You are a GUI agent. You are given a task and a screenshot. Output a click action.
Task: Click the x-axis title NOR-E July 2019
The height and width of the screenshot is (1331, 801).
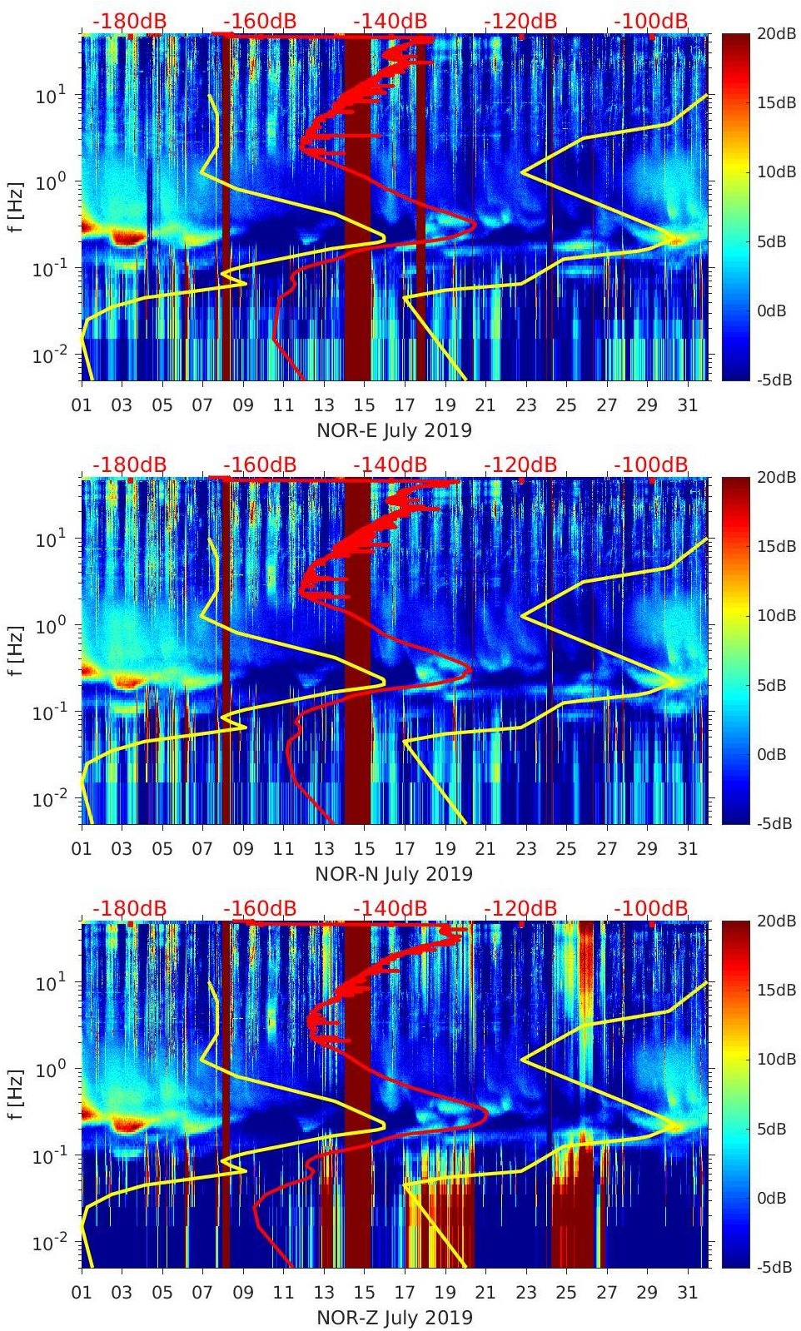click(394, 430)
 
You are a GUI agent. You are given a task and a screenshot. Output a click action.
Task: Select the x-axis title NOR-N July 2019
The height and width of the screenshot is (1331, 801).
click(394, 874)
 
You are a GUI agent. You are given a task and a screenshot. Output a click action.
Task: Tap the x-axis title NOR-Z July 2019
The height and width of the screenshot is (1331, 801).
click(394, 1318)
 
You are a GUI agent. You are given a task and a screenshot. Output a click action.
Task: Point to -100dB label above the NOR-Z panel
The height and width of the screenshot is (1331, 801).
click(651, 908)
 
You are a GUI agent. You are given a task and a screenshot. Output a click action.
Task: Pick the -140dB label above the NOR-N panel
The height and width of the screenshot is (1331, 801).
click(390, 464)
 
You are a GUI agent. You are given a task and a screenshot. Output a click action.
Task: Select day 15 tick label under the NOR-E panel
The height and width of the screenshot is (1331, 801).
click(364, 405)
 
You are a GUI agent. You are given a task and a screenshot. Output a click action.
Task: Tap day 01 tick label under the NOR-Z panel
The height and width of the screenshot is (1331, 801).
click(82, 1293)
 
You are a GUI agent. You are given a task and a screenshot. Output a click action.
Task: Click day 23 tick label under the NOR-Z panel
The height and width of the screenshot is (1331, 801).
click(525, 1293)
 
